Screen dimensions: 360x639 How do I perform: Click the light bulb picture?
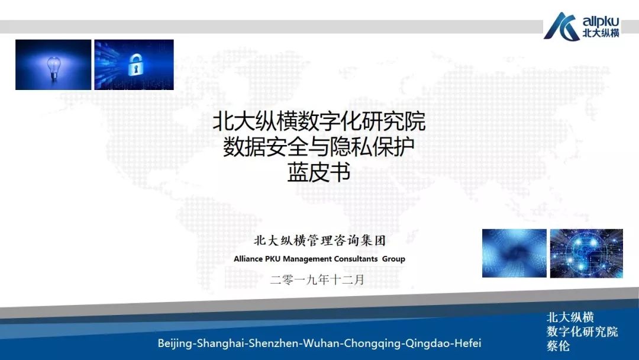pyautogui.click(x=53, y=65)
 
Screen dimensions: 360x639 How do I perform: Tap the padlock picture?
pyautogui.click(x=134, y=65)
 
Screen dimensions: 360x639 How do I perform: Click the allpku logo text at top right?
pyautogui.click(x=601, y=21)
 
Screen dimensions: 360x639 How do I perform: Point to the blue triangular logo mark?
pyautogui.click(x=561, y=27)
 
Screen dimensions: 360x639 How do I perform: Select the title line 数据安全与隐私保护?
pyautogui.click(x=319, y=147)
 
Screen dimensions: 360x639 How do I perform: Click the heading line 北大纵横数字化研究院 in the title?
pyautogui.click(x=319, y=123)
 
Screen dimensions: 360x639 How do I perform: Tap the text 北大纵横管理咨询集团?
pyautogui.click(x=319, y=241)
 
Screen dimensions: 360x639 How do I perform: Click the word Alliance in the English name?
pyautogui.click(x=251, y=259)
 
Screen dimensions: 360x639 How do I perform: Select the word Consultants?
pyautogui.click(x=357, y=259)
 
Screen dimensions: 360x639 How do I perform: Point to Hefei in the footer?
pyautogui.click(x=467, y=343)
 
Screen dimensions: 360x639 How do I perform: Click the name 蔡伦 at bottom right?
pyautogui.click(x=558, y=346)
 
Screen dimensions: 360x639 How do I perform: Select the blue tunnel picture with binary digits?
pyautogui.click(x=514, y=253)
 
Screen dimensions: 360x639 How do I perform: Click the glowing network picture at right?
pyautogui.click(x=586, y=253)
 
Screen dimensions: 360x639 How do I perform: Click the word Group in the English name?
pyautogui.click(x=393, y=259)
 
